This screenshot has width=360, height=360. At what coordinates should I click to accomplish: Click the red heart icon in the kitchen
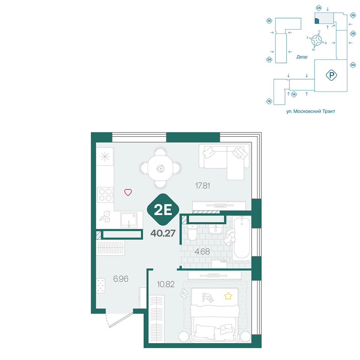click(x=128, y=192)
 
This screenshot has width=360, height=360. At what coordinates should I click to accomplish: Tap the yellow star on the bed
click(x=228, y=296)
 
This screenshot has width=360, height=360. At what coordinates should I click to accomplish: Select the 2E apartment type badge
click(x=163, y=209)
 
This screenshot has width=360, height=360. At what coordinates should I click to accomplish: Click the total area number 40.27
click(x=163, y=233)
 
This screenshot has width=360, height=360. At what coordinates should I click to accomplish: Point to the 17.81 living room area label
click(x=202, y=186)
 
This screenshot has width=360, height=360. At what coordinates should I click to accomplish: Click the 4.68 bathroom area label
click(x=202, y=252)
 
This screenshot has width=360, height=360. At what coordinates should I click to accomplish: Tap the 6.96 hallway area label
click(x=121, y=279)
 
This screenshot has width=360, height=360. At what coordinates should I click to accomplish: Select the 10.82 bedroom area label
click(x=166, y=284)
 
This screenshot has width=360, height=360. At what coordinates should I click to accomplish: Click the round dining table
click(x=160, y=168)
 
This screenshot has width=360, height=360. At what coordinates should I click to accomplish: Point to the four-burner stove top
click(x=105, y=195)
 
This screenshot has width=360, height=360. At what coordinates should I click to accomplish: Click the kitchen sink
click(x=129, y=220)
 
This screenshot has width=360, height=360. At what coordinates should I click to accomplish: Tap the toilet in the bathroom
click(x=192, y=232)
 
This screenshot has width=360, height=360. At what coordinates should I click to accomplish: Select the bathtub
click(x=242, y=238)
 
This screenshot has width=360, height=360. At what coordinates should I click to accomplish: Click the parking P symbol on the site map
click(x=331, y=75)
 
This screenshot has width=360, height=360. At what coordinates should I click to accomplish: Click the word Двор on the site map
click(x=301, y=57)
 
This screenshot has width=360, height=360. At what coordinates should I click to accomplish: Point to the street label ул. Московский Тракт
click(x=310, y=111)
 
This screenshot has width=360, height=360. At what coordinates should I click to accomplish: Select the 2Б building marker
click(x=269, y=21)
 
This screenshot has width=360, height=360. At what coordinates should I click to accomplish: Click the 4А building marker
click(x=353, y=65)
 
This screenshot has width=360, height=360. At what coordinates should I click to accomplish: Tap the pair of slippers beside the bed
click(x=184, y=293)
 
